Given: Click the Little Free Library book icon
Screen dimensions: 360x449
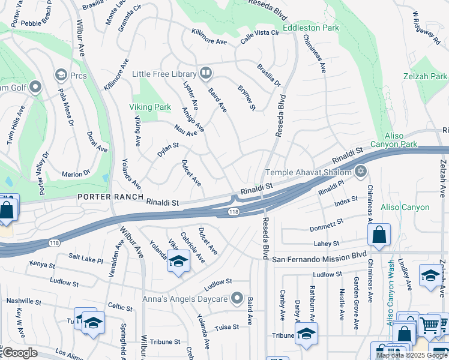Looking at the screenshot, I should pos(206,73).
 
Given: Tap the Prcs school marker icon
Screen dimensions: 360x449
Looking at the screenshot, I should pos(61,75).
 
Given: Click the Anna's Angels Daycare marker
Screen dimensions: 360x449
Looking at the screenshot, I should pos(237,298).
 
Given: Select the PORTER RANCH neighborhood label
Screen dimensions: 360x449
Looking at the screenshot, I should pos(110,197).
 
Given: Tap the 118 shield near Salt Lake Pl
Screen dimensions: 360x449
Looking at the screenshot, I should pos(54,242).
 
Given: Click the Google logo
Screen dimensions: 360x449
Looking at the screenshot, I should pos(20,353).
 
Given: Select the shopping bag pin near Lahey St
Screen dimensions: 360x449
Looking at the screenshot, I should pos(379,235).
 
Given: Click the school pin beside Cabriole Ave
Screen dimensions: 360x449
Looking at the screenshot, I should pos(178,262).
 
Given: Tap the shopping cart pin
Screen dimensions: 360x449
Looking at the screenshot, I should pos(429,326).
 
